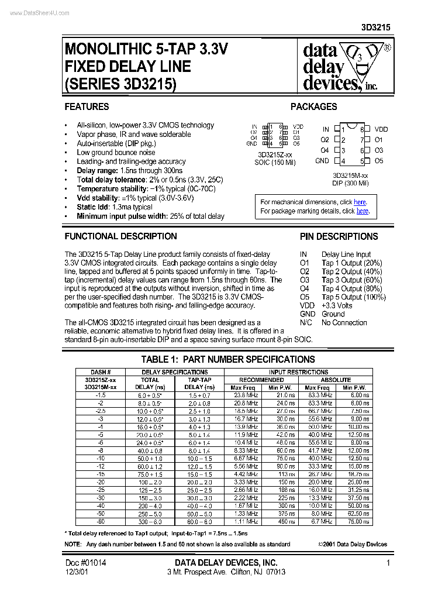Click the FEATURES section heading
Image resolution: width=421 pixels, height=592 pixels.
pos(87,106)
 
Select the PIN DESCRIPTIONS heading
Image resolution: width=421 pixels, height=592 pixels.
pos(339,236)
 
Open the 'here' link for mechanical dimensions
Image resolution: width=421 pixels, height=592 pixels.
pos(360,202)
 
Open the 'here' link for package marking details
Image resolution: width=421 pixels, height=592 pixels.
pos(363,211)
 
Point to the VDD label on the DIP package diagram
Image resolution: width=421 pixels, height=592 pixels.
pos(381,129)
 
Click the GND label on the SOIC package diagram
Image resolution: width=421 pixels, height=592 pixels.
pos(252,143)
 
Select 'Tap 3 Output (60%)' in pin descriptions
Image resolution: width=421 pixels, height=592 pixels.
pos(351,280)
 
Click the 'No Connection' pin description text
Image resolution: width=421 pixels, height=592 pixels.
pos(344,322)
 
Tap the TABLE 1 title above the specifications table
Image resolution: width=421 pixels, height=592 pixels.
pos(228,359)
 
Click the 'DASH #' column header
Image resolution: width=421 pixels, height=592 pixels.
pos(101,372)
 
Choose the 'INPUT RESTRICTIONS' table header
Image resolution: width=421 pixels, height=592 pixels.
pos(298,372)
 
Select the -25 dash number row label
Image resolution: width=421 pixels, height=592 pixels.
pos(101,490)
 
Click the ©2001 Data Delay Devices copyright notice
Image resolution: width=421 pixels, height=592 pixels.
pos(352,544)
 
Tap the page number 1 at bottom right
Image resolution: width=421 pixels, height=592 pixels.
pos(388,562)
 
